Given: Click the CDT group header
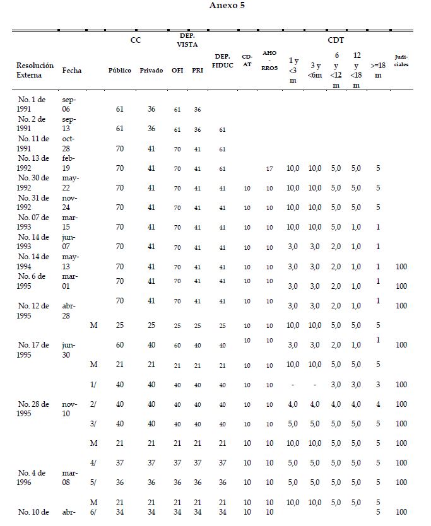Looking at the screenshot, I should pos(335,40).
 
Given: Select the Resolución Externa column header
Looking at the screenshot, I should pos(35,70).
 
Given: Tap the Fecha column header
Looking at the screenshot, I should pos(72,71).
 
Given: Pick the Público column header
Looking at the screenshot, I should pos(120,71).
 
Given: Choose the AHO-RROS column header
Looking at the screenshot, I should pos(269,62).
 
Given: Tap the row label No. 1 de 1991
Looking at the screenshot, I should pos(30,104).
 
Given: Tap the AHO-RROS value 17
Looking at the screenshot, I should pos(269,168).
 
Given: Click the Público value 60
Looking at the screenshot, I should pos(120,345).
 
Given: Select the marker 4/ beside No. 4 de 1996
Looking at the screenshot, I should pos(93,463).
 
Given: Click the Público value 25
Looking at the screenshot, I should pos(120,325).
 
